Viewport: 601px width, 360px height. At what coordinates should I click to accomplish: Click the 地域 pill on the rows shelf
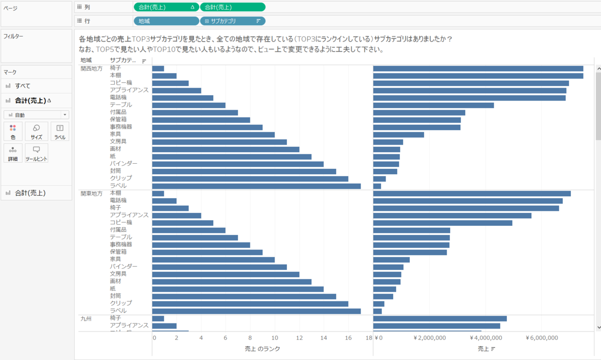coord(166,21)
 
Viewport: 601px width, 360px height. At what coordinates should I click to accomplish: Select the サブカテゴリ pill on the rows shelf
coord(232,21)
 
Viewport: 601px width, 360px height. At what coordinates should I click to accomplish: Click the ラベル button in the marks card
coord(60,131)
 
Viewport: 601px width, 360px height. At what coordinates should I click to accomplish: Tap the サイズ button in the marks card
coord(37,131)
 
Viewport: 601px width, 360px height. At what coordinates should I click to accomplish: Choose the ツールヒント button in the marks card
coord(37,153)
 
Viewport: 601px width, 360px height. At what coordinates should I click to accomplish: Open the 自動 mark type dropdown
coord(37,115)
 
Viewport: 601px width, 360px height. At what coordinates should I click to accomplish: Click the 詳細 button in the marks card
coord(13,153)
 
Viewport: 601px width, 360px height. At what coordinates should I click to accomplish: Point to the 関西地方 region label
coord(92,69)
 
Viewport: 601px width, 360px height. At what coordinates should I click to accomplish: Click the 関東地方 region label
coord(92,193)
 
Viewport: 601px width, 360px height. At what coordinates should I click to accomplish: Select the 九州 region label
coord(86,318)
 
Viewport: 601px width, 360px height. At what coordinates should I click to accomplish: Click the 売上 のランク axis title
coord(262,348)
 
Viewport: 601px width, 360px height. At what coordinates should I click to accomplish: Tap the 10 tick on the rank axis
coord(274,338)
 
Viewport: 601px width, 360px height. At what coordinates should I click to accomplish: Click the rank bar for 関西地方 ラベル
coord(256,186)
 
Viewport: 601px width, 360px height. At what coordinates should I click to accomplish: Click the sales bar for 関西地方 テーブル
coord(433,105)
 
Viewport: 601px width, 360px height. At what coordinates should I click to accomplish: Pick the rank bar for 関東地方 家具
coord(213,259)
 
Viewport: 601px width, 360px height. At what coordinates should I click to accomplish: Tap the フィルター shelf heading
coord(14,37)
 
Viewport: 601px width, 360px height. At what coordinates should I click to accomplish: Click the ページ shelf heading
coord(11,9)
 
